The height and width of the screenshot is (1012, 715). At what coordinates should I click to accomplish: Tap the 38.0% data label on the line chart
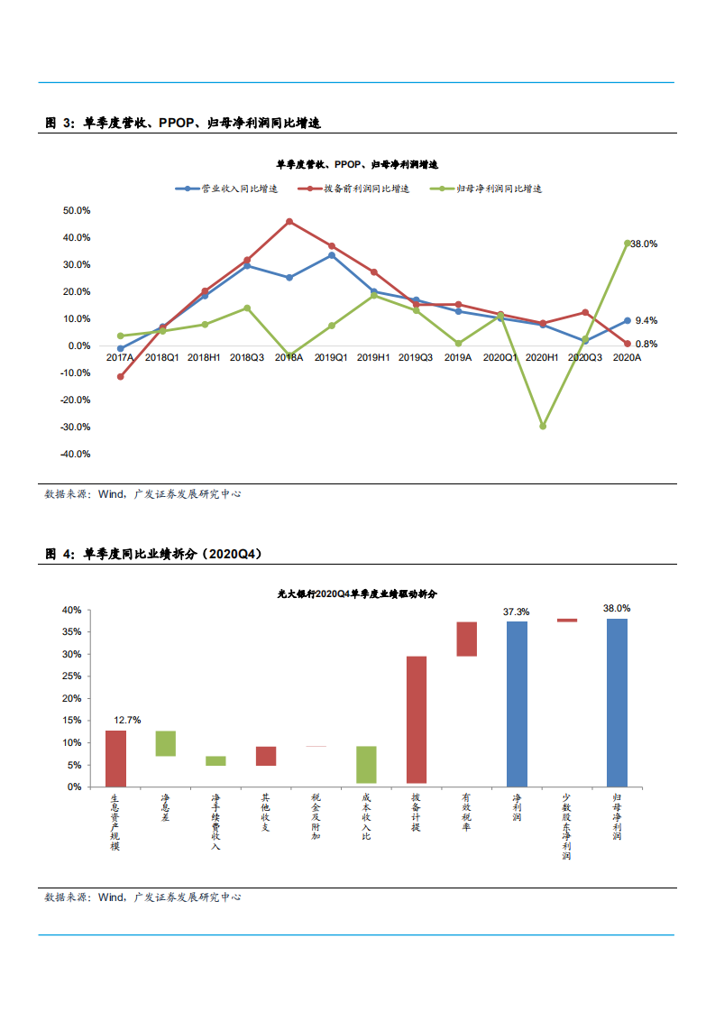coord(644,244)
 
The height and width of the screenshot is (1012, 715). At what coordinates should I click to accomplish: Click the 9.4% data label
coord(646,321)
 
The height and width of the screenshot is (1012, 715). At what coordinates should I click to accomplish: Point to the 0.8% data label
coord(646,344)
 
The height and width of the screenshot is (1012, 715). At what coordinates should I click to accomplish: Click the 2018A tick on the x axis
coord(289,358)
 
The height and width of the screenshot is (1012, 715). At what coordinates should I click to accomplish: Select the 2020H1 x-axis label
coord(542,358)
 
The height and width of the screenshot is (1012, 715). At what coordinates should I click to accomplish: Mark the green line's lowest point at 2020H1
coord(543,427)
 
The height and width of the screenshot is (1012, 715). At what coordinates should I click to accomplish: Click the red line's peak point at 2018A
coord(289,221)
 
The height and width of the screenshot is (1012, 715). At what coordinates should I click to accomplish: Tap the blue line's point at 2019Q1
coord(332,255)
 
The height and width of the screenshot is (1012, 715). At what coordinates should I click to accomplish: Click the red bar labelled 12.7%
coord(115,759)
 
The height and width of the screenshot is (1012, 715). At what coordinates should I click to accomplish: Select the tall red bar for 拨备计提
coord(417,719)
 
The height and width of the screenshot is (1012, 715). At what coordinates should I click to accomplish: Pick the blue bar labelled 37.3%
coord(517,704)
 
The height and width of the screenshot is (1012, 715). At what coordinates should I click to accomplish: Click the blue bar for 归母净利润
coord(617,703)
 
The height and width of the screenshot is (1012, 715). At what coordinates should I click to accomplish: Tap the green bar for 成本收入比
coord(366,764)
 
